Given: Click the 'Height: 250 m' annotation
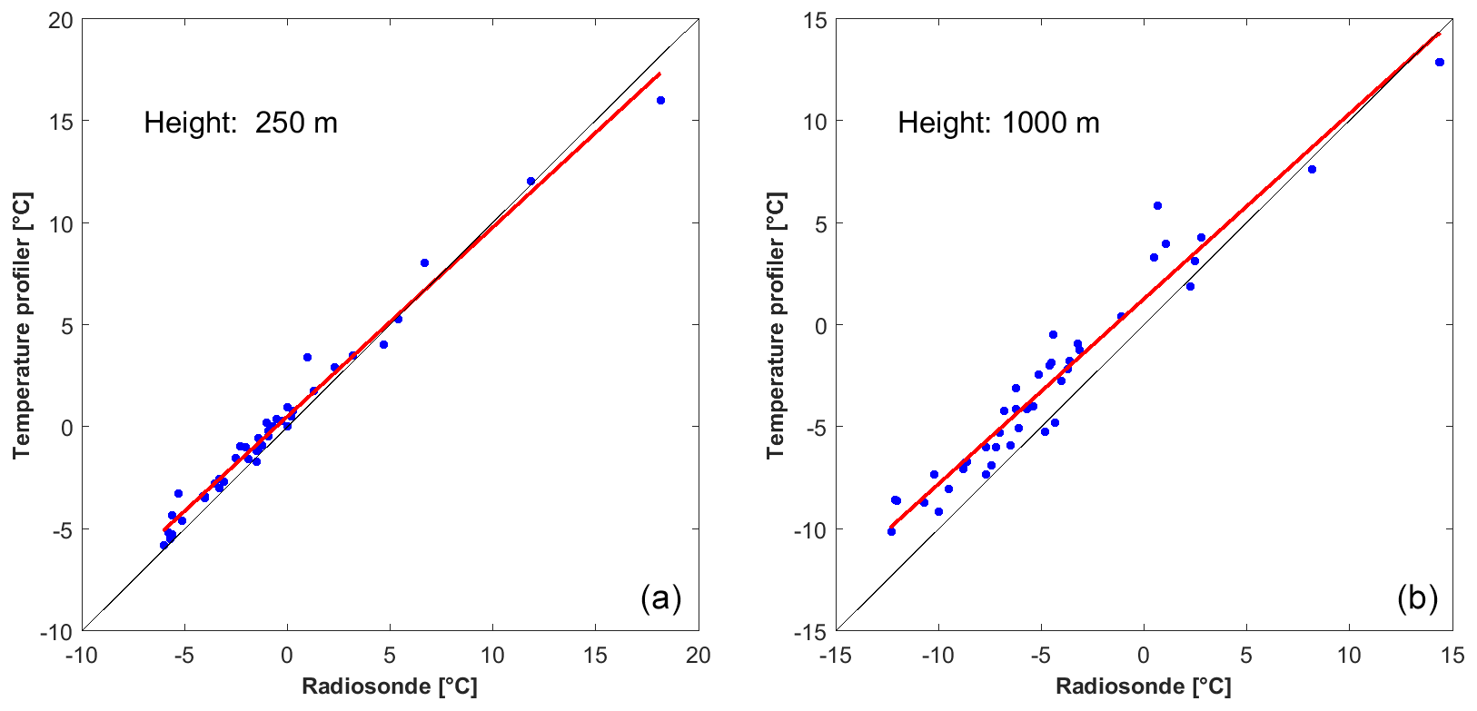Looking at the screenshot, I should pyautogui.click(x=241, y=123).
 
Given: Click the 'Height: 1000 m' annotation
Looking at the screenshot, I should pyautogui.click(x=998, y=123).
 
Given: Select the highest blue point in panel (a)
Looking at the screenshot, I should pyautogui.click(x=660, y=100).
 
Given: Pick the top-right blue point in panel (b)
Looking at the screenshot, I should pyautogui.click(x=1439, y=62).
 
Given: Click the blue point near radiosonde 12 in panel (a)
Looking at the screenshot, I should pyautogui.click(x=531, y=181).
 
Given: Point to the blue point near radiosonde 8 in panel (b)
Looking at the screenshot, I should pyautogui.click(x=1312, y=169).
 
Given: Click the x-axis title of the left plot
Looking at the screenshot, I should pyautogui.click(x=390, y=686).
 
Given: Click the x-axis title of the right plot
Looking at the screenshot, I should pyautogui.click(x=1144, y=686).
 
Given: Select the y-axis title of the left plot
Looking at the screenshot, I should pyautogui.click(x=22, y=325).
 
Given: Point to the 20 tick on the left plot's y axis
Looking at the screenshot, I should pyautogui.click(x=60, y=20).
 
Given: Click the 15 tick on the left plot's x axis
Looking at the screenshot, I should pyautogui.click(x=596, y=655).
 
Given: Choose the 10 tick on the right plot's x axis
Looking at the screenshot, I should pyautogui.click(x=1349, y=655).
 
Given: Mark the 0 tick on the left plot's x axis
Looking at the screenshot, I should pyautogui.click(x=287, y=655).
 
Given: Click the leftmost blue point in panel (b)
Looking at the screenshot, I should pyautogui.click(x=891, y=531).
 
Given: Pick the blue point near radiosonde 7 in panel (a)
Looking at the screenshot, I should pyautogui.click(x=424, y=262).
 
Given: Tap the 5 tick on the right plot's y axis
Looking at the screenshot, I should pyautogui.click(x=818, y=223).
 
